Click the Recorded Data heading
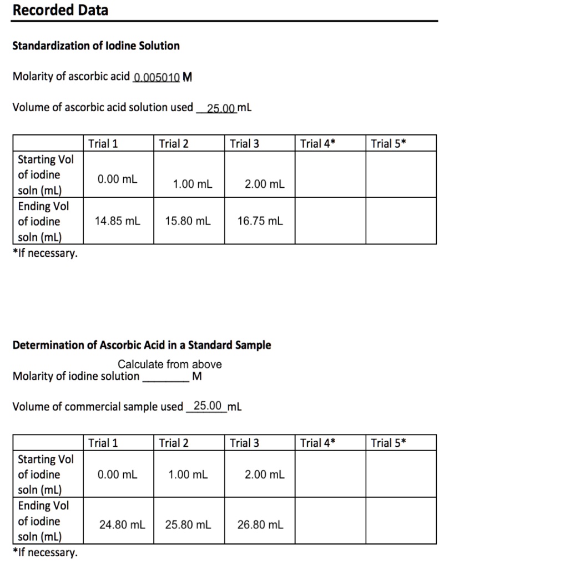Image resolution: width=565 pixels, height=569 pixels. tap(60, 10)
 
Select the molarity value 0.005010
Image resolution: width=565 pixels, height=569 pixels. tap(157, 77)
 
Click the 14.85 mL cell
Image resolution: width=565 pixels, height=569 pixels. tap(118, 221)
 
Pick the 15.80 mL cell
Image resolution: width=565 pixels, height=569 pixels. tap(188, 221)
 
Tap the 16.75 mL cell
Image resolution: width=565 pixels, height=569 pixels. tap(260, 221)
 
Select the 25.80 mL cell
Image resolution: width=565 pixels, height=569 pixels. tap(188, 524)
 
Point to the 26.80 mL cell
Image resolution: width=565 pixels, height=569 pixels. tap(260, 524)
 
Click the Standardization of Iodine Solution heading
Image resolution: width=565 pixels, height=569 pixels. tap(96, 46)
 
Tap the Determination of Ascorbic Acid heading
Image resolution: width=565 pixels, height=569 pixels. tap(142, 345)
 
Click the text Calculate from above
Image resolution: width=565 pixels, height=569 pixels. tap(169, 365)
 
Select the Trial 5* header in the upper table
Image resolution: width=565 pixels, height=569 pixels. tap(389, 143)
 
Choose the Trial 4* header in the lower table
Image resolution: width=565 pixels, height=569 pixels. tap(318, 443)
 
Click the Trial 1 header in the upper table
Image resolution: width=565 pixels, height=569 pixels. tap(103, 143)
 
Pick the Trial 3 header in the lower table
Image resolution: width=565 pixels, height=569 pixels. tap(245, 443)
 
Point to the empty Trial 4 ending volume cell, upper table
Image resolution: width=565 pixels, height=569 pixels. tap(330, 221)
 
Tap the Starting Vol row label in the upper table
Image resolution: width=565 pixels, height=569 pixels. tap(45, 174)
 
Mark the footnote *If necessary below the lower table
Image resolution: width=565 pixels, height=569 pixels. tap(45, 552)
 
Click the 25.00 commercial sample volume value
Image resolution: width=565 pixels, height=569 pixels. tap(208, 406)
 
